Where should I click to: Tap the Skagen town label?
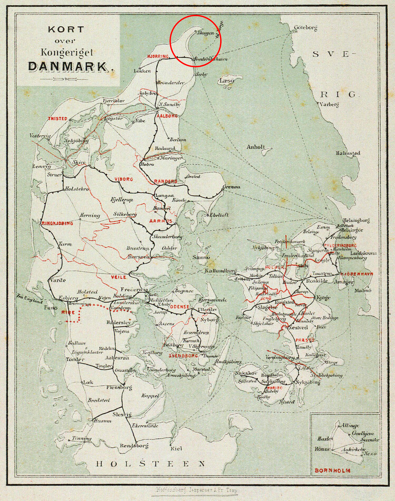pos(205,33)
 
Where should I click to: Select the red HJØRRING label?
pos(158,57)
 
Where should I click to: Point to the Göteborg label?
pos(305,28)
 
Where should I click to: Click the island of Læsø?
pos(227,81)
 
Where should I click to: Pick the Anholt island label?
pos(255,147)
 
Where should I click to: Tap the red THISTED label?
pos(58,119)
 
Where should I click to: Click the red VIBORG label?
pos(124,179)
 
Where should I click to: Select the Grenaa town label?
pos(231,187)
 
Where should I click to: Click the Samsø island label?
pos(201,257)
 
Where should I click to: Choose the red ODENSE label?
pos(179,307)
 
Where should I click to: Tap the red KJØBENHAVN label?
pos(357,274)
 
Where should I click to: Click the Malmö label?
pos(363,290)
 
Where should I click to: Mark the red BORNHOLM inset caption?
pos(332,470)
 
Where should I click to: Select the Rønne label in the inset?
pos(322,449)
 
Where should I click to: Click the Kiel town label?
pos(176,448)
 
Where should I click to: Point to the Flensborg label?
pos(119,387)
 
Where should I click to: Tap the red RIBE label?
pos(68,312)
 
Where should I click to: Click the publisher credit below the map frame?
pos(196,490)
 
